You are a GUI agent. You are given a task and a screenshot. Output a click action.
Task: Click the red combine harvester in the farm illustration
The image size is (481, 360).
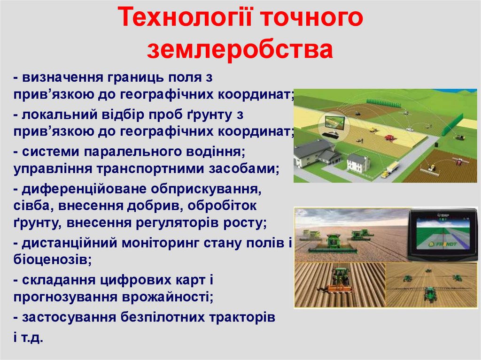[389, 138]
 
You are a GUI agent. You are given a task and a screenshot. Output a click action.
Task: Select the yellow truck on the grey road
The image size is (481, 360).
[389, 169]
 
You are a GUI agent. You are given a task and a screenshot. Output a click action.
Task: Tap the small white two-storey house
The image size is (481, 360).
[358, 163]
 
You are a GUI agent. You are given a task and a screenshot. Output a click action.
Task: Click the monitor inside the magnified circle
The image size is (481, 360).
[334, 123]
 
